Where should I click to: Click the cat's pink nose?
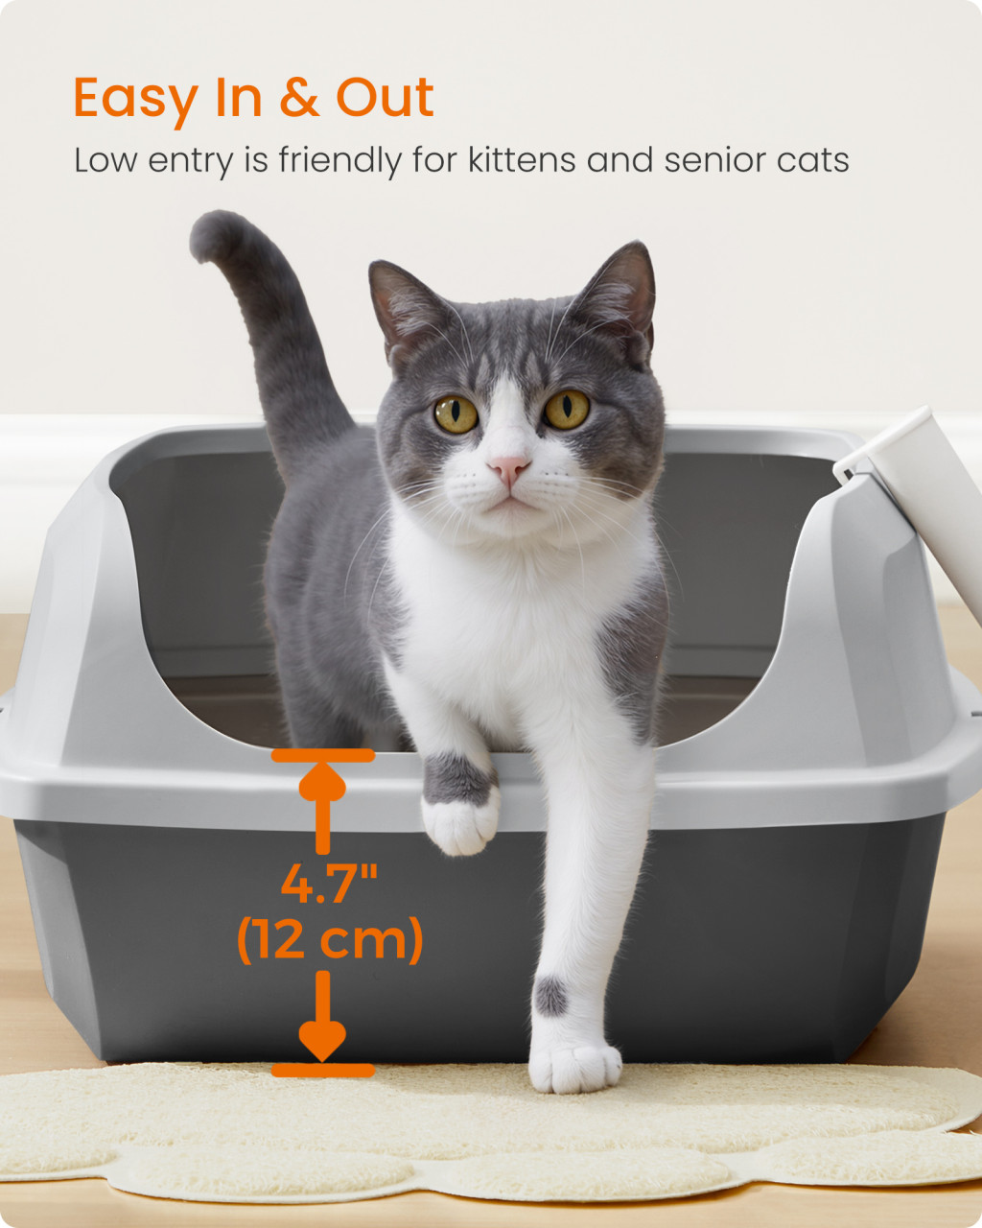click(x=509, y=468)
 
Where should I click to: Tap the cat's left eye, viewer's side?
click(x=456, y=413)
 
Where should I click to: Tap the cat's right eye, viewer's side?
click(x=566, y=409)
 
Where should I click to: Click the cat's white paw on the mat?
click(x=574, y=1066)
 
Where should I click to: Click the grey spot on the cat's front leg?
click(x=551, y=996)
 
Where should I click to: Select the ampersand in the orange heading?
click(x=299, y=98)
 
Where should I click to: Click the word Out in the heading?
click(x=386, y=98)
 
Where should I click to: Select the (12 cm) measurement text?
click(x=330, y=941)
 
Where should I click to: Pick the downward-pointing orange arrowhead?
click(x=322, y=1041)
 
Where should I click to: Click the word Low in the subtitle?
click(x=105, y=160)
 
